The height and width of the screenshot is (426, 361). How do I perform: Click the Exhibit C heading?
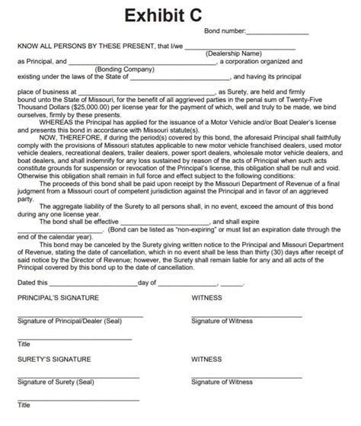(180, 13)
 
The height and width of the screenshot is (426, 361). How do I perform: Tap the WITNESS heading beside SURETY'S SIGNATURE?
(207, 357)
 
